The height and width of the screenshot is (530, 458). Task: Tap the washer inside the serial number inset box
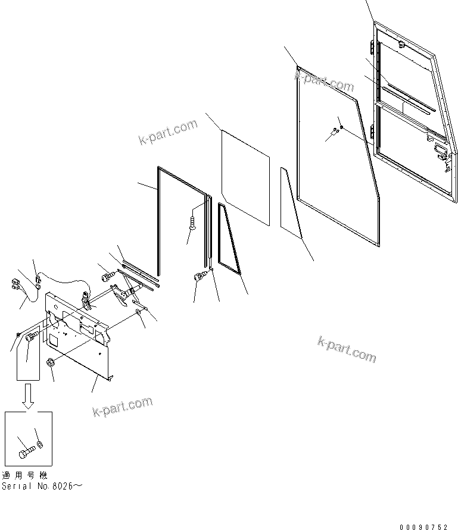tap(40, 443)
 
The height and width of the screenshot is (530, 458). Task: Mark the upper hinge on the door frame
tap(374, 47)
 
